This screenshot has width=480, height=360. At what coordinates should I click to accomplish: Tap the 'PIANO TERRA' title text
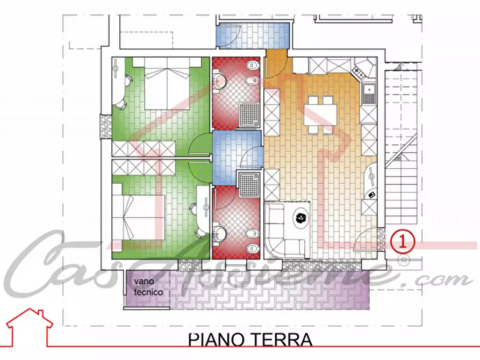(250, 341)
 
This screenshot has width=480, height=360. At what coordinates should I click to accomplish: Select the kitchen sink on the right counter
(369, 94)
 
